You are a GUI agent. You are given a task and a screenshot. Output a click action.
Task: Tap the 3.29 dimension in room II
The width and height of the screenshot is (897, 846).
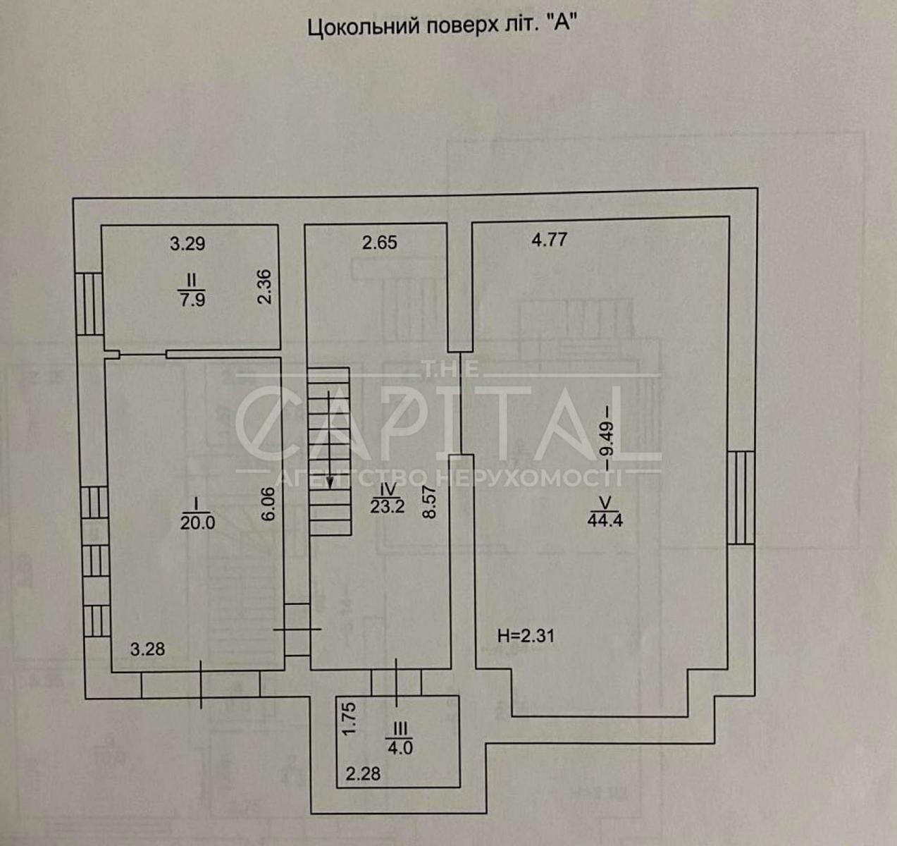click(187, 244)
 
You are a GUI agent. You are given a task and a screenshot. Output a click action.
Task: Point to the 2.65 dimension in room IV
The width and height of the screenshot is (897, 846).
click(380, 243)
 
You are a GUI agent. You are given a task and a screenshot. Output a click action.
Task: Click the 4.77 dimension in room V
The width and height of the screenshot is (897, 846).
click(549, 240)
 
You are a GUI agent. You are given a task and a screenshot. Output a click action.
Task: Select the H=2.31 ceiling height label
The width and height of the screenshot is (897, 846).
click(526, 636)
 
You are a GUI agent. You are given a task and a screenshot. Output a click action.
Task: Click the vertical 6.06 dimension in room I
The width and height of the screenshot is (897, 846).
click(267, 505)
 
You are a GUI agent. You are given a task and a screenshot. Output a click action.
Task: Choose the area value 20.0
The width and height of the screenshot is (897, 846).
click(197, 522)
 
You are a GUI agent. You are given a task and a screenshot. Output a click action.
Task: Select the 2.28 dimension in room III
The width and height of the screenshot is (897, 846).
click(363, 774)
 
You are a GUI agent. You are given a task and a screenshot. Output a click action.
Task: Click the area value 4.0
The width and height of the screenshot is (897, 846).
click(400, 747)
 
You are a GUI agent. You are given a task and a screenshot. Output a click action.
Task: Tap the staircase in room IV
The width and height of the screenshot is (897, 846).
click(329, 451)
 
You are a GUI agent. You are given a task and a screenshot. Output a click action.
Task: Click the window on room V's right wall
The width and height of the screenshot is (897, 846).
click(740, 497)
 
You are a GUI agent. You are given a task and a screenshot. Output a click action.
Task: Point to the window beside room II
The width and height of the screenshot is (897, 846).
click(89, 304)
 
